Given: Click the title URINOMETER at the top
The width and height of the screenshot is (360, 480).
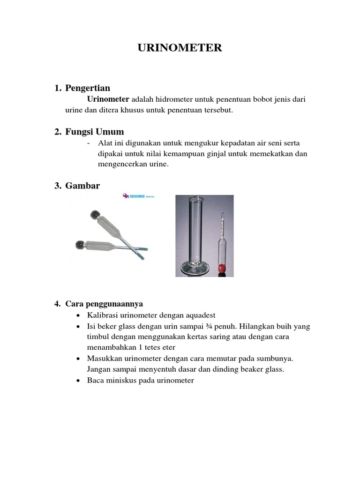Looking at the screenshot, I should [180, 48].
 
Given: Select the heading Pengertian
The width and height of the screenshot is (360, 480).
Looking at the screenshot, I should [88, 88].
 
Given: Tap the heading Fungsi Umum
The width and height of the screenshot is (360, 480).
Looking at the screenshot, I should [94, 132].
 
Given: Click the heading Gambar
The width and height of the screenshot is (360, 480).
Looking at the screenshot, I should [82, 186].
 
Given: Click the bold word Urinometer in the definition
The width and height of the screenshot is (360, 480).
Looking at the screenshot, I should [108, 99].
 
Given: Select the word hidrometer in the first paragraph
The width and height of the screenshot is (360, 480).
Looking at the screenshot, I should [171, 99].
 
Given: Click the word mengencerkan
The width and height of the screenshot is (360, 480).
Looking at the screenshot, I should [117, 165].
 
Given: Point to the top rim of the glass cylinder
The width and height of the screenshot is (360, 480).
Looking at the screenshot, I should [195, 198].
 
